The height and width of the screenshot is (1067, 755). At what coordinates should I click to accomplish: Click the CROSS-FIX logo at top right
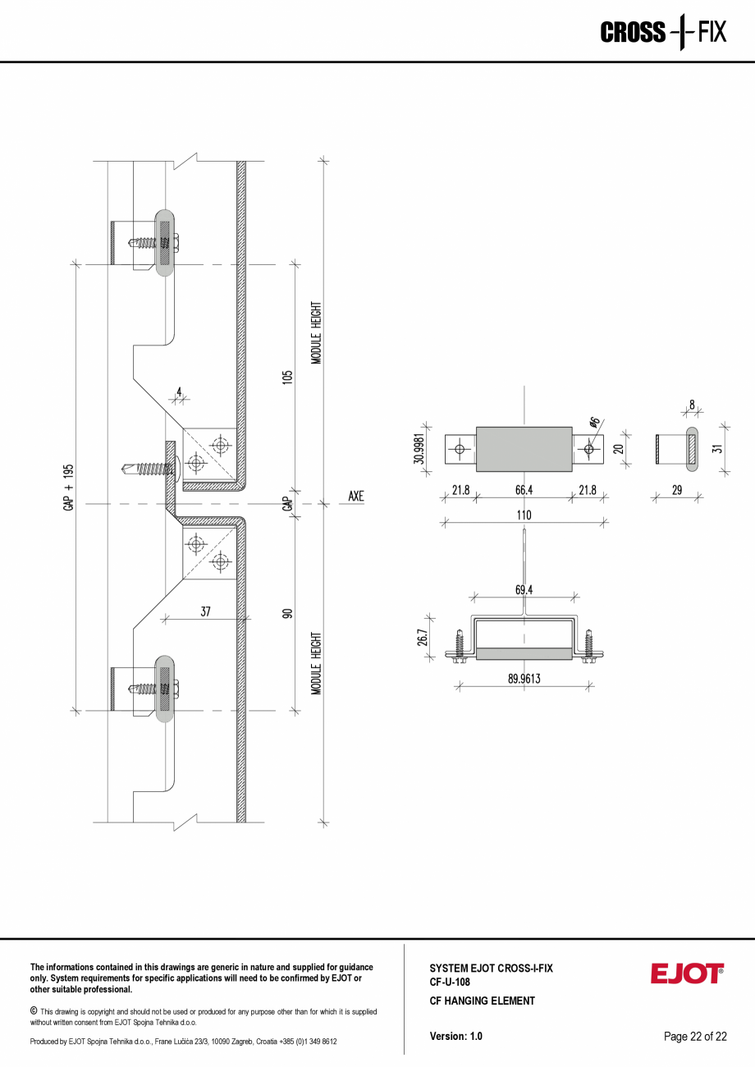(663, 33)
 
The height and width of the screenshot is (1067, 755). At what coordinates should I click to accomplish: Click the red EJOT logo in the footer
(687, 974)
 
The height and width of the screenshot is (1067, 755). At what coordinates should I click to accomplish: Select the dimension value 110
(524, 515)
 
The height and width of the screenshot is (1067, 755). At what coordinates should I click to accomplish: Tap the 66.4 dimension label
(524, 491)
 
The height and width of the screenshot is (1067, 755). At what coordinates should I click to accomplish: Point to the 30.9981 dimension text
(419, 449)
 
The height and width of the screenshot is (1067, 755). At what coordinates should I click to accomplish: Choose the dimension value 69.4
(524, 589)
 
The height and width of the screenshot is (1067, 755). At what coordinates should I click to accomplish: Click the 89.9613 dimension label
(524, 678)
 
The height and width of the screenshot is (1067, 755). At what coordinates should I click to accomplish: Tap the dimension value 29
(677, 490)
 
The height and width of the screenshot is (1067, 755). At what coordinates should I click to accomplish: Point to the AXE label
(355, 497)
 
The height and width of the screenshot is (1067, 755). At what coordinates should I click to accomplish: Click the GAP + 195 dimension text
(68, 488)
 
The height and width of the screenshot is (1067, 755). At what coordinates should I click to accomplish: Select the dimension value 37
(206, 611)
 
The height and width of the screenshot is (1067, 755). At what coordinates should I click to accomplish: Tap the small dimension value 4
(179, 392)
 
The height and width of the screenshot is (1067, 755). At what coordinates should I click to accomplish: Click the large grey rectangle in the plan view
(524, 449)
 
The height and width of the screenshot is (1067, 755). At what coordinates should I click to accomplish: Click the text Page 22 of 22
(695, 1037)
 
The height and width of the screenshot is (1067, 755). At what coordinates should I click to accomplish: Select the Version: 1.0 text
(455, 1037)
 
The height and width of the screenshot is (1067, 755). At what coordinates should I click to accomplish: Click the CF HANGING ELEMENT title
(482, 1001)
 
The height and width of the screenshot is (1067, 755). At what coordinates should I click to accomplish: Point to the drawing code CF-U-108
(449, 982)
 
